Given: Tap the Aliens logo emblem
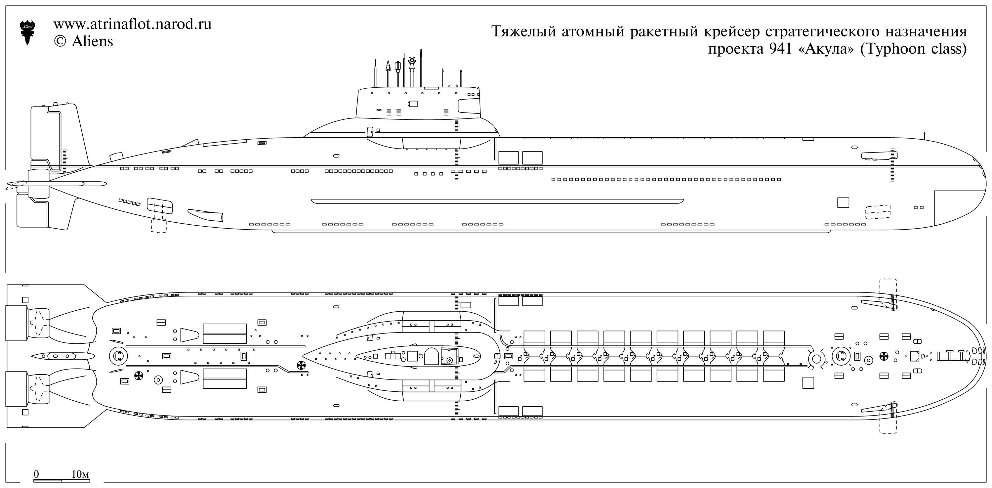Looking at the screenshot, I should [x=27, y=31].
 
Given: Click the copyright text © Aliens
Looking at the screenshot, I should [x=84, y=42].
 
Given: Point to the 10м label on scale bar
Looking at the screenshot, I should [x=80, y=474].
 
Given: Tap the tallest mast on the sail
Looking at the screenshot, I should [x=421, y=67].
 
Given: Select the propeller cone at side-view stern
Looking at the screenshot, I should [x=14, y=186].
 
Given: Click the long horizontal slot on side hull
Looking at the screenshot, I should [x=497, y=201].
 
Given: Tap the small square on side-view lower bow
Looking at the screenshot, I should [x=843, y=202].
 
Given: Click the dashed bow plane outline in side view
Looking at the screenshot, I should [x=878, y=211].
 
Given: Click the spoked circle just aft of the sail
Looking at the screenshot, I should [x=301, y=366].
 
